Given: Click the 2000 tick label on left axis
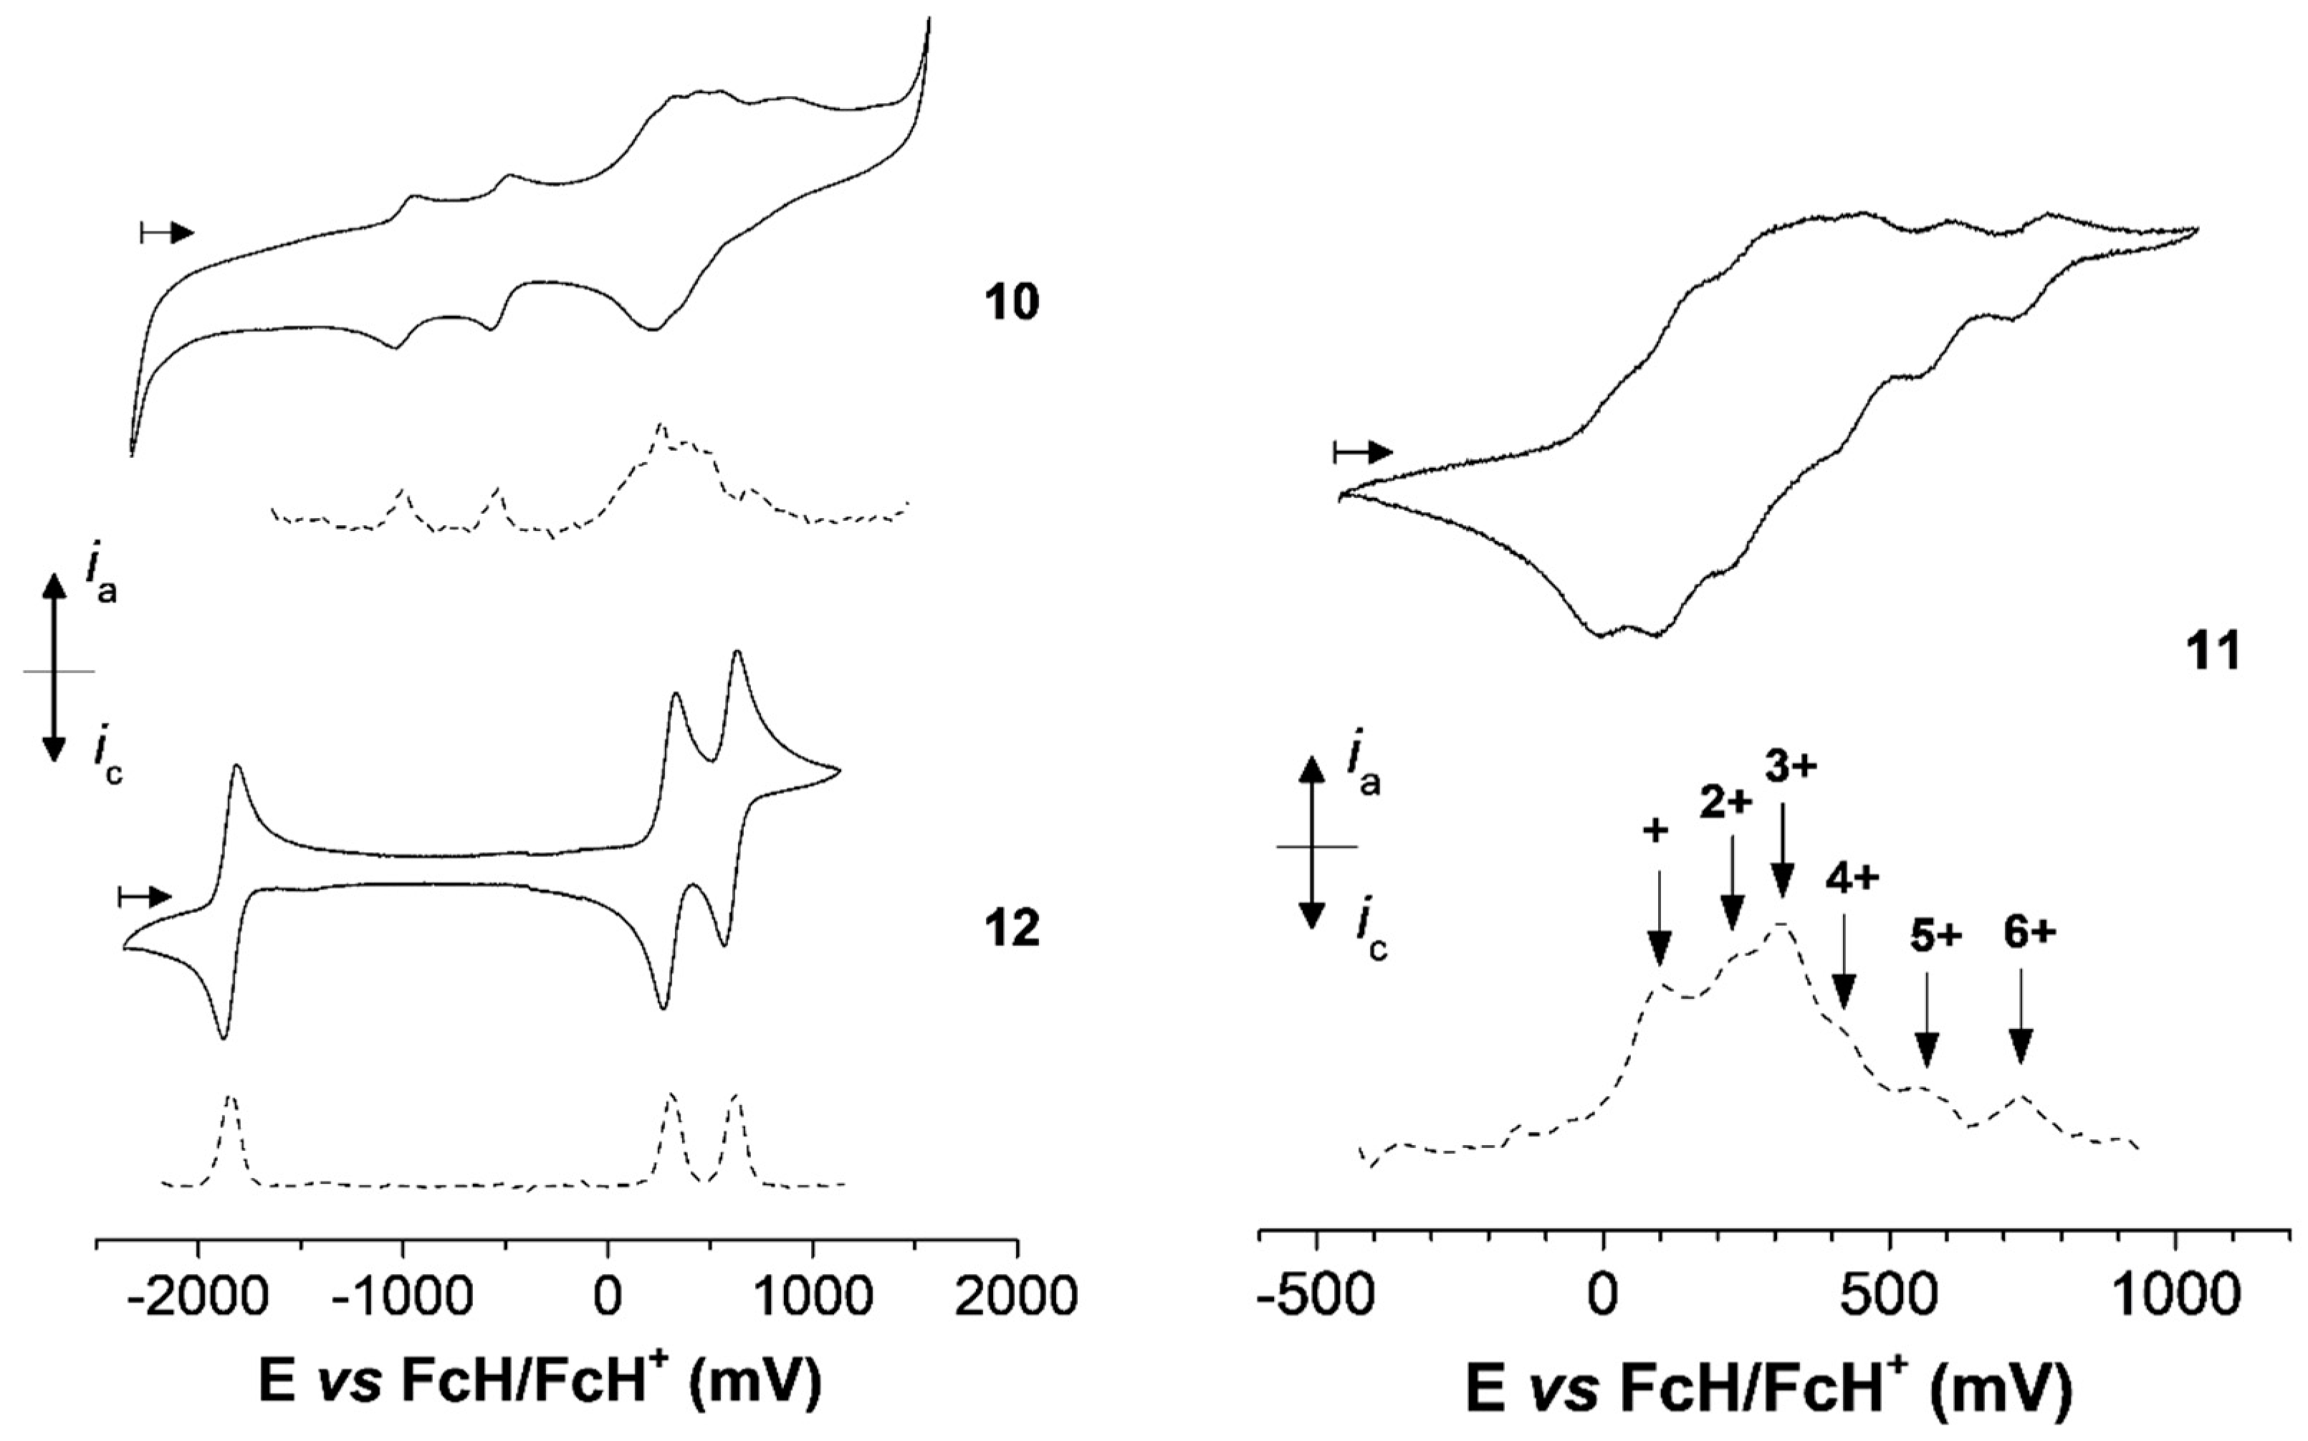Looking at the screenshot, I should tap(1017, 1297).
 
